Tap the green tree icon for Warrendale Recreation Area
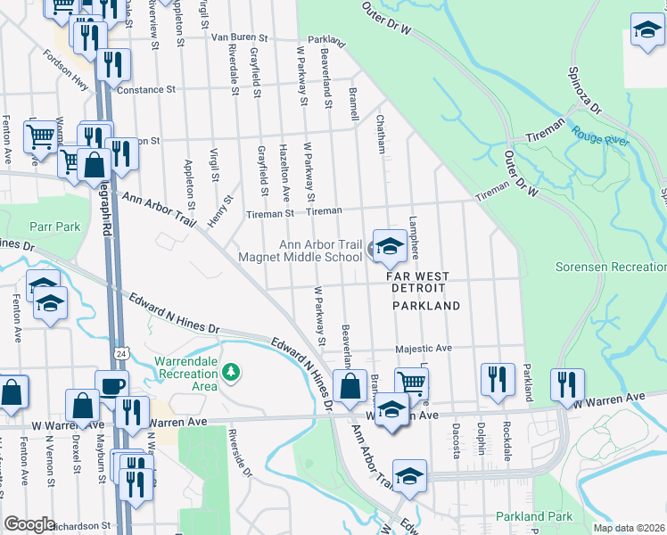pyautogui.click(x=232, y=371)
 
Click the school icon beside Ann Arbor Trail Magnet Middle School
pyautogui.click(x=389, y=248)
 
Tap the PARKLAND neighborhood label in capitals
pyautogui.click(x=426, y=306)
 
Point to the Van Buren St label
pyautogui.click(x=240, y=37)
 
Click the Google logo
pyautogui.click(x=29, y=524)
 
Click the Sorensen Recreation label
pyautogui.click(x=610, y=267)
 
